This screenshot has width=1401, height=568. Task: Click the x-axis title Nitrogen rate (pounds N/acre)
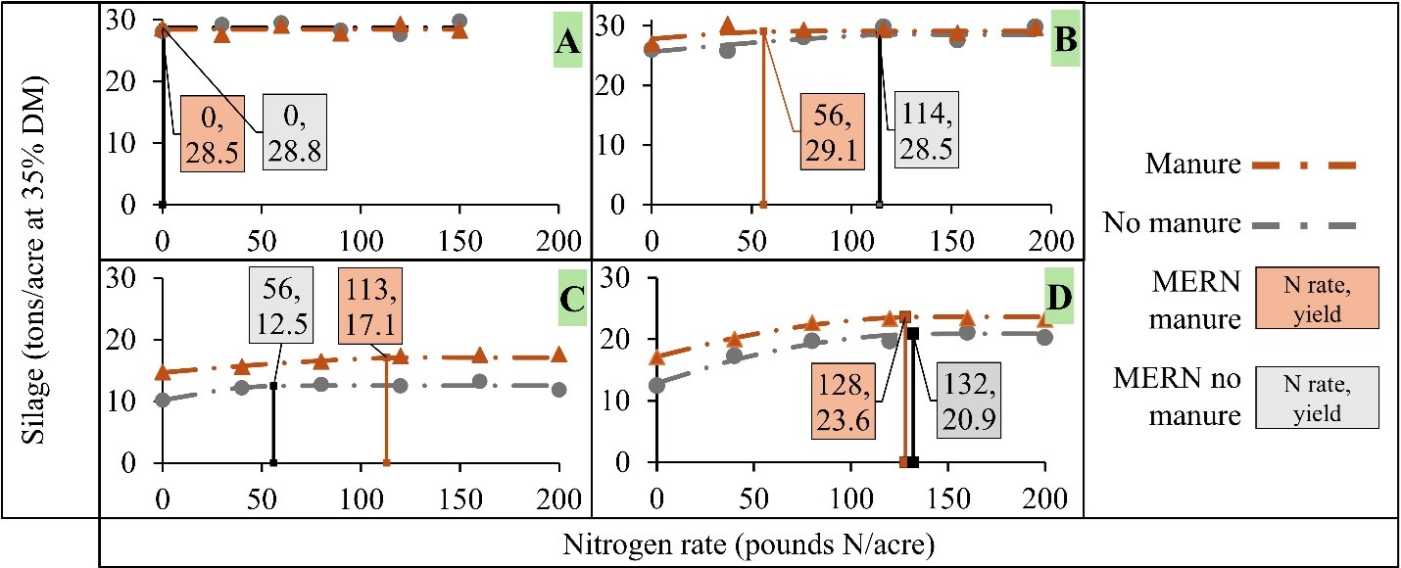click(x=748, y=544)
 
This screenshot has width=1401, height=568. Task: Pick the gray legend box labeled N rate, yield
click(x=1324, y=398)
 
